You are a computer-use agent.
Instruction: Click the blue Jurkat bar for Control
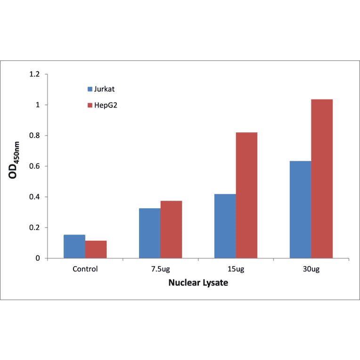[x=74, y=246]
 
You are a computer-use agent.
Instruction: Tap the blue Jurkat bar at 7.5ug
[x=150, y=233]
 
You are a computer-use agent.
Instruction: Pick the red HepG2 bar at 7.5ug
[x=171, y=229]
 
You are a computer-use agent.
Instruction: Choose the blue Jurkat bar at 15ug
[x=225, y=226]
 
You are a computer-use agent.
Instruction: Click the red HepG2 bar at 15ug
[x=246, y=195]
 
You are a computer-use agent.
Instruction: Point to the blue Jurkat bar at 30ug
[x=301, y=210]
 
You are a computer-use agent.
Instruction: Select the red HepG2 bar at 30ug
[x=322, y=179]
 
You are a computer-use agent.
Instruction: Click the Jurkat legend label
[x=104, y=89]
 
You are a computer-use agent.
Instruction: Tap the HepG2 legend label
[x=106, y=106]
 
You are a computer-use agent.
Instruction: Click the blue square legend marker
[x=90, y=89]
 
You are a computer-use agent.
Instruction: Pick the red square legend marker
[x=90, y=106]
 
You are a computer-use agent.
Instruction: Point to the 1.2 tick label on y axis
[x=34, y=74]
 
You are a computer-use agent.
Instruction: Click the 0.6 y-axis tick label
[x=34, y=166]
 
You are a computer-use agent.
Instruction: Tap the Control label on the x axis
[x=85, y=269]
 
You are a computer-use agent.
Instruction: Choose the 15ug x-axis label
[x=236, y=269]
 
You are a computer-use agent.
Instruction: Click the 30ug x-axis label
[x=311, y=269]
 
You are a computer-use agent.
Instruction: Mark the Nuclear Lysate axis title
[x=198, y=284]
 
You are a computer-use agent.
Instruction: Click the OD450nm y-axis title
[x=15, y=160]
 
